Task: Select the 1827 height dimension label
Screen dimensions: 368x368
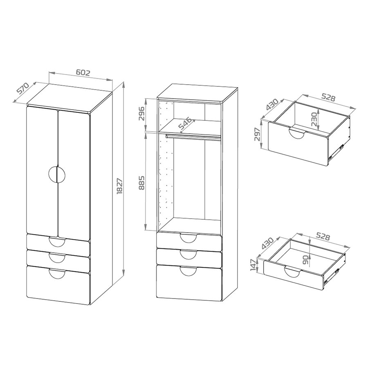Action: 119,186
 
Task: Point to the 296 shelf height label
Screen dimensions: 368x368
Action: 142,114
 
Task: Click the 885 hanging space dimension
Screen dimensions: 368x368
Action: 142,182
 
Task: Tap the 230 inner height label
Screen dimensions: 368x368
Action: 314,119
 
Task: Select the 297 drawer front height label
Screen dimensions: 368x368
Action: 258,134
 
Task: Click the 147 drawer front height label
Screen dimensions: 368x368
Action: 254,265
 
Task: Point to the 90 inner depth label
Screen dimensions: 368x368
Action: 305,260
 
